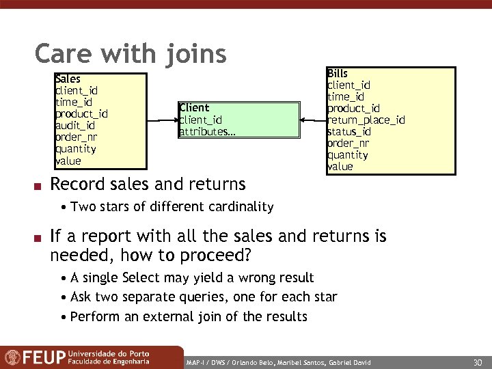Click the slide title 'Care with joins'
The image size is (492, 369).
coord(130,53)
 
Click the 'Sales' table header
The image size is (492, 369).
coord(68,79)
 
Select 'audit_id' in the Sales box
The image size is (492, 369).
coord(75,126)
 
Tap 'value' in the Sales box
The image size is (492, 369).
coord(68,161)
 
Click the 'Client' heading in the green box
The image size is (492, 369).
coord(194,108)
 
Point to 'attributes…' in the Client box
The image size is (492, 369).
coord(207,131)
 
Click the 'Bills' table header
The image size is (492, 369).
coord(338,74)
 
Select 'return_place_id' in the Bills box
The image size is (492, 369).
coord(366,120)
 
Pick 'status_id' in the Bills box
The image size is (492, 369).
coord(349,132)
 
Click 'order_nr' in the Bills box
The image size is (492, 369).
coord(348,143)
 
